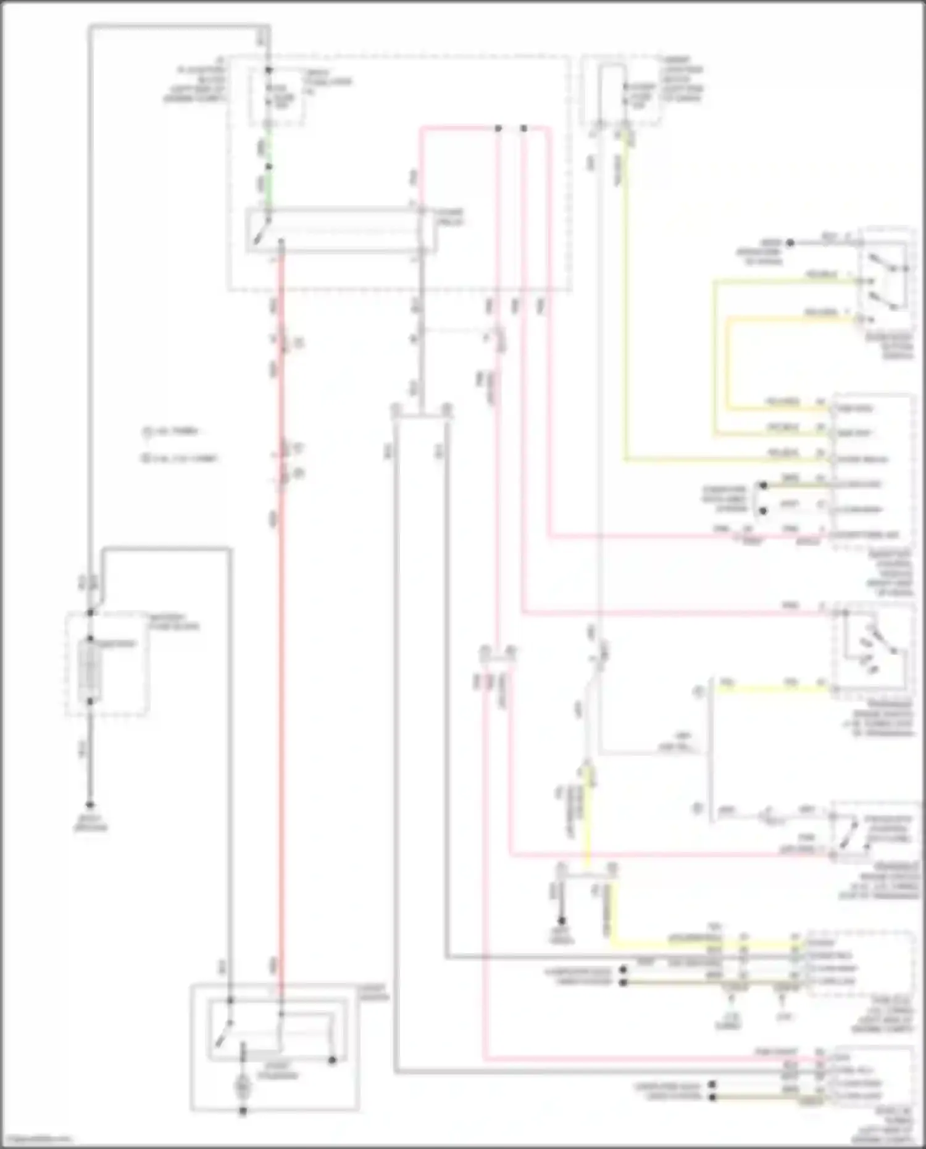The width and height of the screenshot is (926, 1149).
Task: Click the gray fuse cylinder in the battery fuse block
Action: (x=90, y=671)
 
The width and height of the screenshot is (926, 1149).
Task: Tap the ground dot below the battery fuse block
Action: (x=90, y=805)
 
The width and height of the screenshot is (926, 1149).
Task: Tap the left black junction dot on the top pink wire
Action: (x=498, y=128)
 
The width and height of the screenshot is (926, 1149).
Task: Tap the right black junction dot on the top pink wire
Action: (x=523, y=128)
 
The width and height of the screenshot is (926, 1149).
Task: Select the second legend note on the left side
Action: (x=179, y=459)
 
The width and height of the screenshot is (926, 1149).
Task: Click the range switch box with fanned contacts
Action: (x=872, y=650)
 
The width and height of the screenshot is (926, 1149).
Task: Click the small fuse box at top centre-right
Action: (x=620, y=93)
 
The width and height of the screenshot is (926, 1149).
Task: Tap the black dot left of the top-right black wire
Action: (x=790, y=243)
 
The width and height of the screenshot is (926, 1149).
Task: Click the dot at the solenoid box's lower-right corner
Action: (x=332, y=1060)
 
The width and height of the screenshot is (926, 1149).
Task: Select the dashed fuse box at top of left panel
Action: (x=276, y=96)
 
